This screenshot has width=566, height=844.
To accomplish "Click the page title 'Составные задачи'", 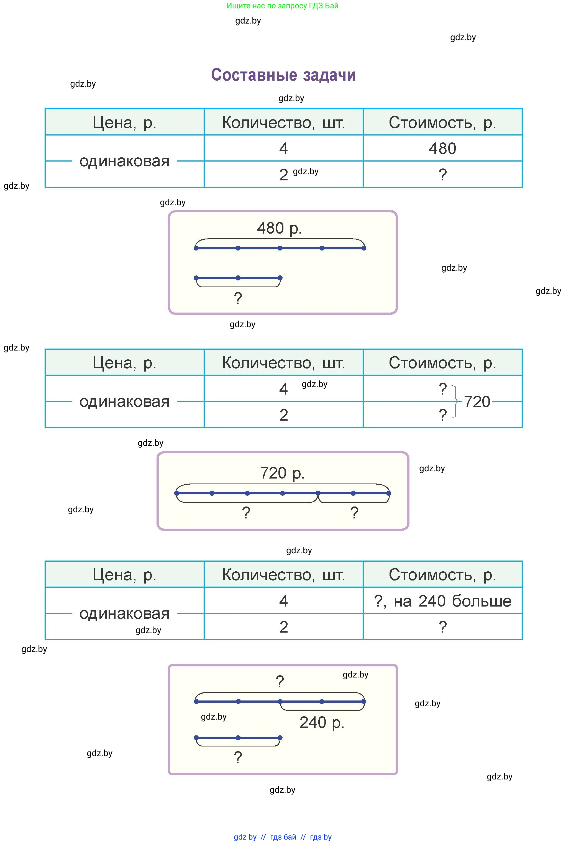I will tap(283, 75).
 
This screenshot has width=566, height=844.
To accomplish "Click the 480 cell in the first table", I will tap(442, 148).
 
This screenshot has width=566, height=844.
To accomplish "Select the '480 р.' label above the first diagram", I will tap(279, 228).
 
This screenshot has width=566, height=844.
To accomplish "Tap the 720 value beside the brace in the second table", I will tap(477, 402).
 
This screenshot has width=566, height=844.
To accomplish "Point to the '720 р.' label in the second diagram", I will tap(282, 473).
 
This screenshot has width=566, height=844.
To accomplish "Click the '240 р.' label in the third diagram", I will tap(322, 722).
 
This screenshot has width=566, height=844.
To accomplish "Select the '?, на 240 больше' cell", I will tap(442, 601).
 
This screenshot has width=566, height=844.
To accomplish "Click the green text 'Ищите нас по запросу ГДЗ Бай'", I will tap(282, 6).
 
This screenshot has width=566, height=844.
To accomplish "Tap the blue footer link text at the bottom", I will tap(282, 837).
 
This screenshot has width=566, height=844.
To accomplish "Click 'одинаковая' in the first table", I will tap(124, 161).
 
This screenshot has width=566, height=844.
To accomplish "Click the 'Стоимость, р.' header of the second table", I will tap(442, 362).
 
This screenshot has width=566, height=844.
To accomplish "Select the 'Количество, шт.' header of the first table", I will tap(283, 122).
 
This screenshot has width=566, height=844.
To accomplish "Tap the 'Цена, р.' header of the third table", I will tap(124, 574).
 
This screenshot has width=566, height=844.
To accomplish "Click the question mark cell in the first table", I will tap(442, 175).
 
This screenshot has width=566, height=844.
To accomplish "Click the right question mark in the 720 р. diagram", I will tap(354, 513).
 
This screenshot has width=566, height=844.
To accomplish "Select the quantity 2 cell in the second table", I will tap(283, 415).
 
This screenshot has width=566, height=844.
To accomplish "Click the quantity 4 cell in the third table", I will tap(283, 601).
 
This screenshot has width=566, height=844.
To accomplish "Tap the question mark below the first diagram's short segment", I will tap(238, 298).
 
